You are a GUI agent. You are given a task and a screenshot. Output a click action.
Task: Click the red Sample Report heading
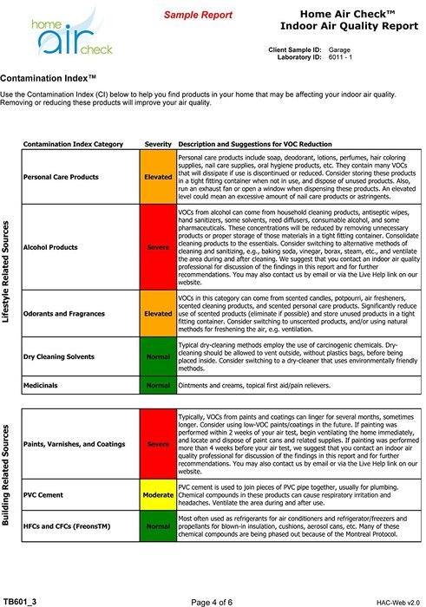pos(199,16)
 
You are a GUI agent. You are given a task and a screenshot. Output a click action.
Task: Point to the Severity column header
pos(158,142)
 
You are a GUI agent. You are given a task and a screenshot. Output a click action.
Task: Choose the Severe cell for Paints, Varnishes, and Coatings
pos(158,443)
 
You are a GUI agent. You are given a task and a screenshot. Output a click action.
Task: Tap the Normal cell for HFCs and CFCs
pos(158,525)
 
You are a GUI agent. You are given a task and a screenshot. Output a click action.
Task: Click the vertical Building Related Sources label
pos(7,475)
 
